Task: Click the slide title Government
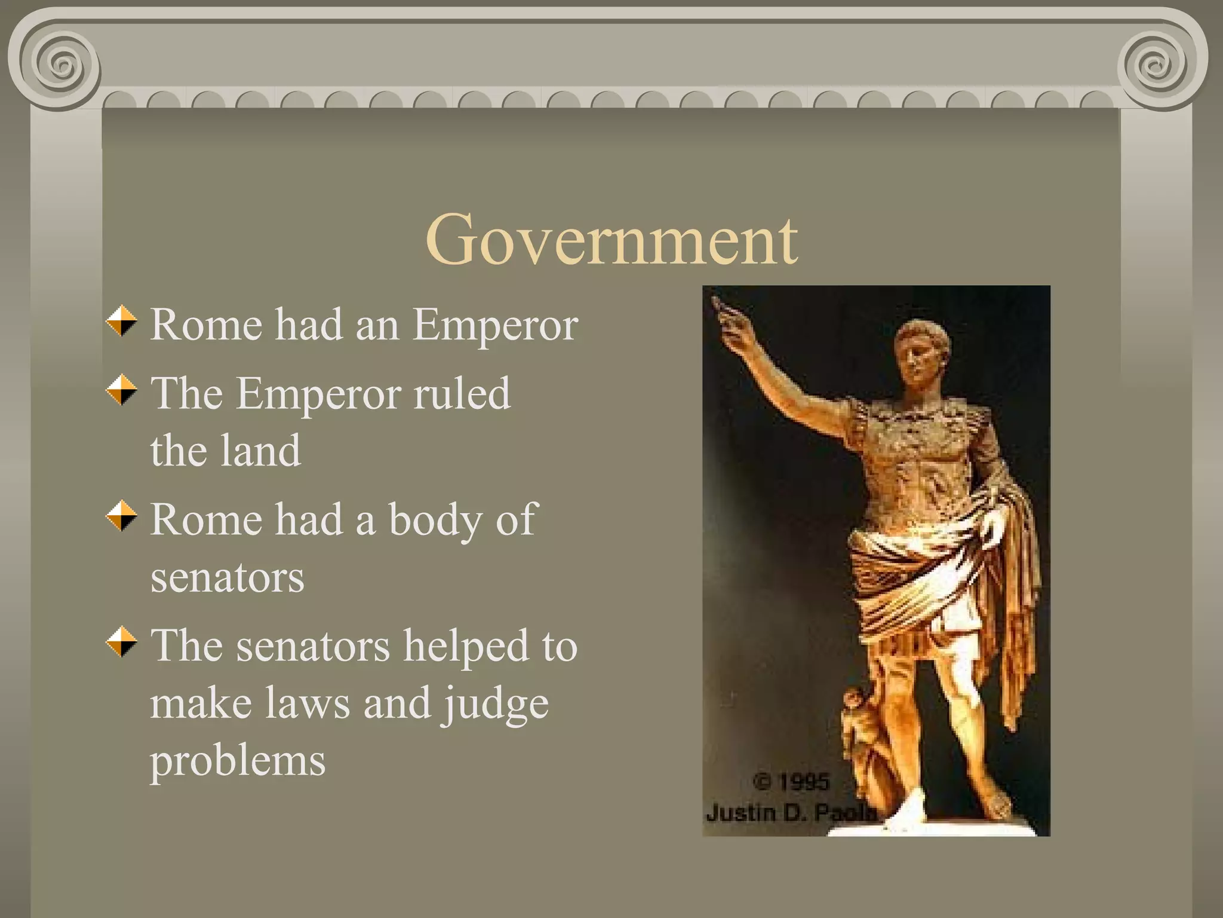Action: tap(611, 240)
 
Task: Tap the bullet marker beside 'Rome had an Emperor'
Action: tap(122, 321)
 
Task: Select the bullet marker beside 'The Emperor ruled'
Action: tap(122, 390)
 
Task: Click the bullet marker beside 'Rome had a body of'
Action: tap(122, 516)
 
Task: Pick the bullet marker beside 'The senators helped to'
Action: tap(122, 642)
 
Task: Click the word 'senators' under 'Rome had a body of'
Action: tap(227, 577)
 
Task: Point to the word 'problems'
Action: tap(237, 761)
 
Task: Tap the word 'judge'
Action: tap(495, 704)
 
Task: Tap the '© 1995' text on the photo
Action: tap(792, 782)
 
